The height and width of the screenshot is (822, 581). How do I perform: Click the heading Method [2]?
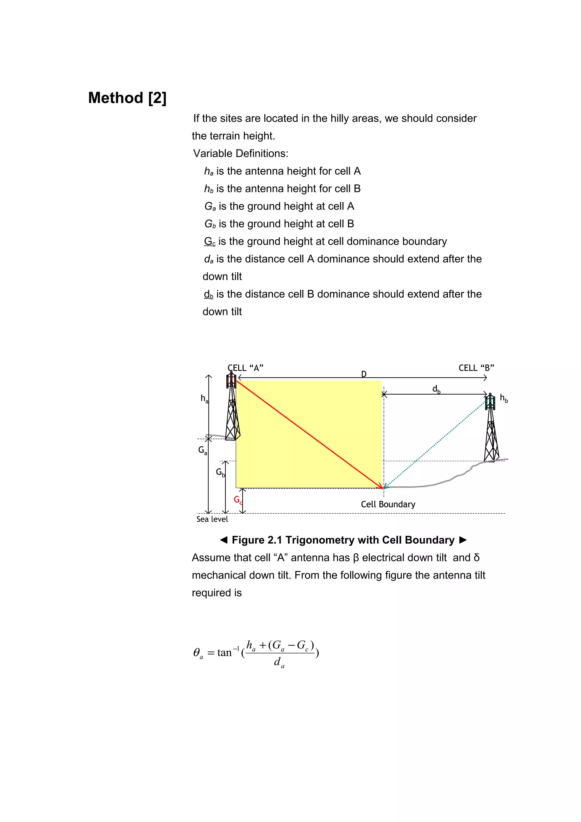pos(127,98)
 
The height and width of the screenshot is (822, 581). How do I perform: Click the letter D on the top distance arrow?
pos(364,374)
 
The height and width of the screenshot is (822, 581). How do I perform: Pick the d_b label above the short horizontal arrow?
pos(436,389)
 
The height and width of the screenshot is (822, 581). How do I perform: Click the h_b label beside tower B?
pos(503,398)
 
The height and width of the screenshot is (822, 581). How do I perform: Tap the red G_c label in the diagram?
pos(237,500)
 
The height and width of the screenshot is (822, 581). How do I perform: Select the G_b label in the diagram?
pos(220,473)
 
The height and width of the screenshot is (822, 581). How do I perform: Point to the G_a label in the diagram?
pos(202,450)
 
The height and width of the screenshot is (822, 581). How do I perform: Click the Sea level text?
pos(212,519)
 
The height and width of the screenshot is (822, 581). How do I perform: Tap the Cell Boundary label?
pos(388,504)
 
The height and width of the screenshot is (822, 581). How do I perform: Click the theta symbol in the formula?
pos(197,653)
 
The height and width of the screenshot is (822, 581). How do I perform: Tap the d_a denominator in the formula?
pos(279,663)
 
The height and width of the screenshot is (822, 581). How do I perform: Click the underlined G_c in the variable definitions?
pos(210,241)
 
